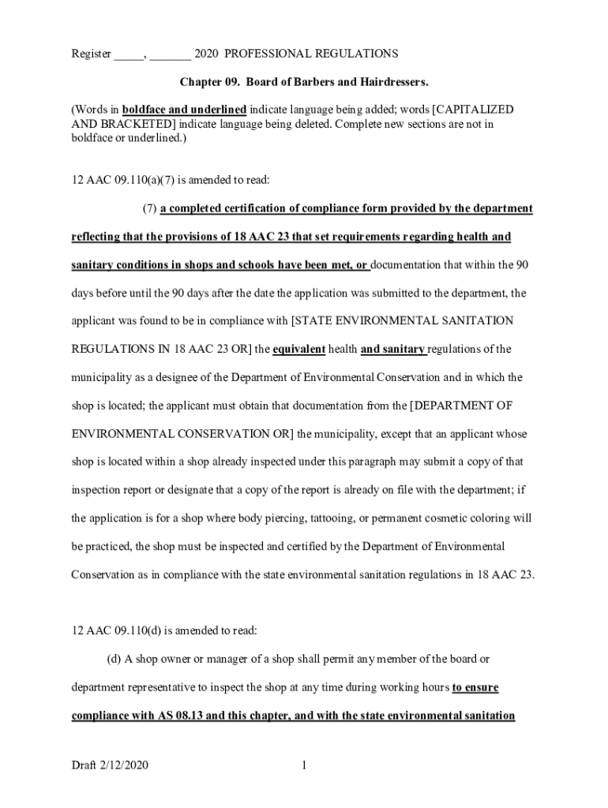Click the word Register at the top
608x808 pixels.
(91, 54)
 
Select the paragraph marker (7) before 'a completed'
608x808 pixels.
(149, 208)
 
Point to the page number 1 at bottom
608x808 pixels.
(303, 766)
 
